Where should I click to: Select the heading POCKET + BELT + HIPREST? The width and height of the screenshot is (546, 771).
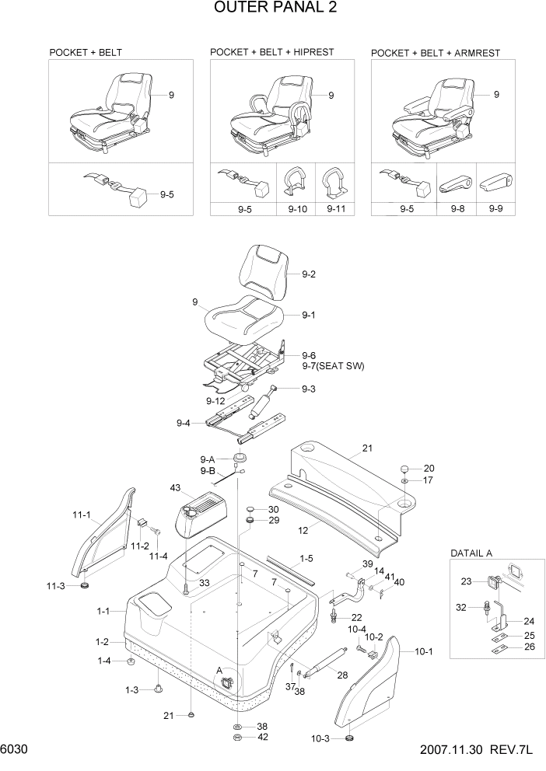click(x=271, y=52)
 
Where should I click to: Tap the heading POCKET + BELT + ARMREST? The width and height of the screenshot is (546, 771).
click(x=436, y=53)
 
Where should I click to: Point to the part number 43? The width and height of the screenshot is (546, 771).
click(x=175, y=487)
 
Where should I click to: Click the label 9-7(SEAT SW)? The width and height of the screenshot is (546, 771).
click(x=333, y=365)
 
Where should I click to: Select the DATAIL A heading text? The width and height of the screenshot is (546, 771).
click(x=475, y=553)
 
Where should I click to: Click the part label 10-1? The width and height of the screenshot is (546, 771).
click(x=424, y=652)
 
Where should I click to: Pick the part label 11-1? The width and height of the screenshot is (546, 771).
click(x=82, y=515)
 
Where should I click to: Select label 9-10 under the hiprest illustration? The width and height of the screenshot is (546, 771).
click(x=297, y=209)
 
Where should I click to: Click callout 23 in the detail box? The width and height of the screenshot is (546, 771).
click(x=466, y=581)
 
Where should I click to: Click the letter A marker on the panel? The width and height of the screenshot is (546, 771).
click(x=219, y=670)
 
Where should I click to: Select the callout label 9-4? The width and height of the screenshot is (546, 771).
click(x=184, y=423)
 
